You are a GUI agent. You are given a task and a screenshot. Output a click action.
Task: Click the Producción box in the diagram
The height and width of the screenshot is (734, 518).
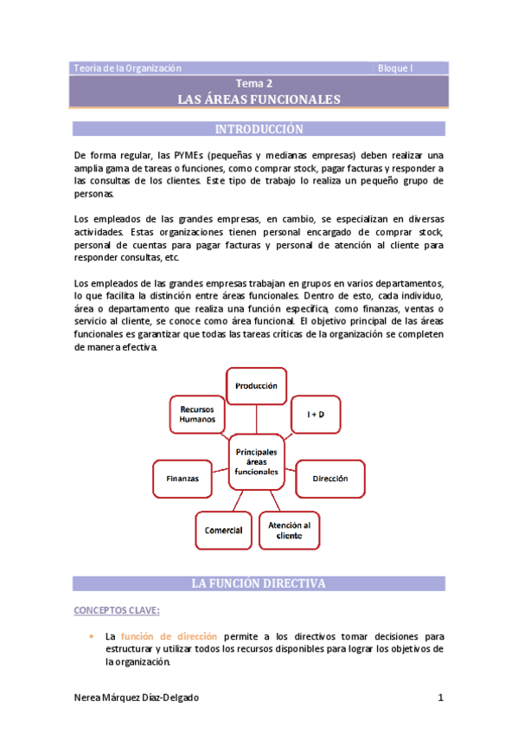(257, 385)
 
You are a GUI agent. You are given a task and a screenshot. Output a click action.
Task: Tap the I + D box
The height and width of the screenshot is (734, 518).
(317, 415)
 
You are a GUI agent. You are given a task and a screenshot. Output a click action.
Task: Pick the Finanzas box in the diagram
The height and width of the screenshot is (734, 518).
(182, 478)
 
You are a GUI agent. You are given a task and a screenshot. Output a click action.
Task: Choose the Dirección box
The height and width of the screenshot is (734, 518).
(329, 478)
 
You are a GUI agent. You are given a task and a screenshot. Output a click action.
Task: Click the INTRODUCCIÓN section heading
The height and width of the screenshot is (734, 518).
(259, 130)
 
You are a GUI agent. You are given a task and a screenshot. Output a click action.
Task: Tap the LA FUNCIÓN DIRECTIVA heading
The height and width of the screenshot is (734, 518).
(259, 584)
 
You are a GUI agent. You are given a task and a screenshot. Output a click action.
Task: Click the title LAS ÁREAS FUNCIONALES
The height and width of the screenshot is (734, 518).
(259, 100)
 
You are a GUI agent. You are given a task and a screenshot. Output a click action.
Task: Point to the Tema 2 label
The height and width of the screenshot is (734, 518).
(259, 84)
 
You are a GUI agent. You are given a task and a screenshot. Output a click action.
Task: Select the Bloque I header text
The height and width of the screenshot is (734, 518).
(395, 68)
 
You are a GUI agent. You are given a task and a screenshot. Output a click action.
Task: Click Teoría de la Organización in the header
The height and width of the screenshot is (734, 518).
(128, 68)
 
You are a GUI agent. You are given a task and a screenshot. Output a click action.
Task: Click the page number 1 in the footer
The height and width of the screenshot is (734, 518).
(440, 697)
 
